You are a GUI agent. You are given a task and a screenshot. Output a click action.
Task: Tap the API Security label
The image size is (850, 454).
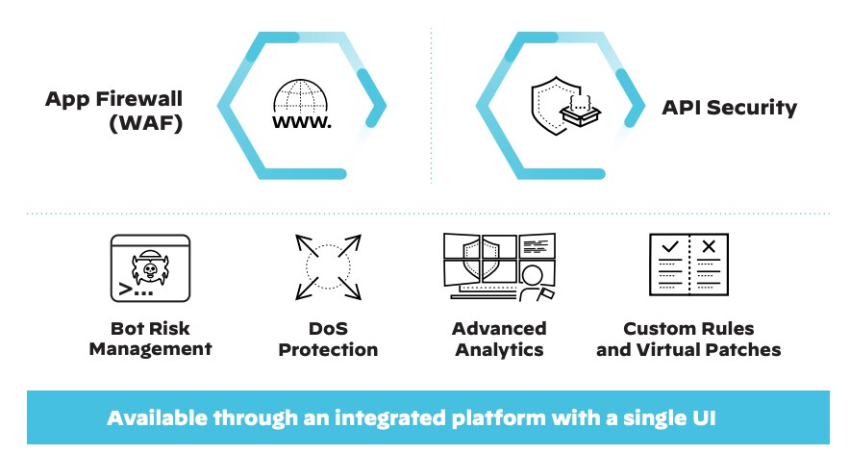tap(729, 107)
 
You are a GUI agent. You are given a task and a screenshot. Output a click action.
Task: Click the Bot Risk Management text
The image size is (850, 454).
tap(150, 339)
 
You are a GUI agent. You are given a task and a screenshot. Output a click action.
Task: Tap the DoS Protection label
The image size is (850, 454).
tap(328, 339)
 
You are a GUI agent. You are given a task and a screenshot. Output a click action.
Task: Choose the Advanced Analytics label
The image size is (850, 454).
tap(499, 339)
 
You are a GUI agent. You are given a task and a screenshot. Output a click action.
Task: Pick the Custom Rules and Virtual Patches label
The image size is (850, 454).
tap(688, 339)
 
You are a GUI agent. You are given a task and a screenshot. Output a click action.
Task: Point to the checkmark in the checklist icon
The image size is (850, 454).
tap(670, 247)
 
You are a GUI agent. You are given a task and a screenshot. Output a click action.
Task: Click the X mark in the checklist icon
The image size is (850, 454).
tap(709, 247)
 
